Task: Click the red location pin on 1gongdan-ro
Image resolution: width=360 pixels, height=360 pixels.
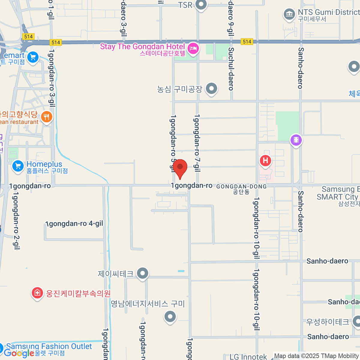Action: click(180, 168)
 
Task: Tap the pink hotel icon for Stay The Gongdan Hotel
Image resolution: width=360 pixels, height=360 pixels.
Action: click(193, 49)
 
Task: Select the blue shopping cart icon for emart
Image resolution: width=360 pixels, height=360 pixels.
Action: click(33, 57)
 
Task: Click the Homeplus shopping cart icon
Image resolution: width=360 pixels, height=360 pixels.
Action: click(18, 166)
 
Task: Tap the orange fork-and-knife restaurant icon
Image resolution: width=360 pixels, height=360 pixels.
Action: click(46, 117)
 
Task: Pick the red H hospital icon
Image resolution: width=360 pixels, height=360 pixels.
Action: click(265, 160)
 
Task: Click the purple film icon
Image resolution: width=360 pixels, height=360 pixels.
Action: click(296, 140)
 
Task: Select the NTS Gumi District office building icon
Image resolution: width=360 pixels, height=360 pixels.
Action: click(289, 14)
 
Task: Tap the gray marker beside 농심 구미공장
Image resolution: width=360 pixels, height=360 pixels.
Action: click(211, 89)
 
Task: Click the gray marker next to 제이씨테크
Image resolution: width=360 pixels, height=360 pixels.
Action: click(142, 273)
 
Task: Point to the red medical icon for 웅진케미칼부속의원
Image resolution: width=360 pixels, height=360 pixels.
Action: click(37, 293)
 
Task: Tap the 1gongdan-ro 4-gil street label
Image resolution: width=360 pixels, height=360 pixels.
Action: click(74, 223)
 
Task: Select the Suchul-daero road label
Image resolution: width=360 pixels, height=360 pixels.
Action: click(231, 69)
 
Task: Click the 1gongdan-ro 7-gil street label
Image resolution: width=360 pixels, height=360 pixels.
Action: click(197, 143)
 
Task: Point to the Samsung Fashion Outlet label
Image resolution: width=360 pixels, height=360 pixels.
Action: click(49, 346)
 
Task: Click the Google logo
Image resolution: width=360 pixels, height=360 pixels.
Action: click(19, 353)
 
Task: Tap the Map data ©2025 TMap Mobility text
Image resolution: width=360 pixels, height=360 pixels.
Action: click(316, 356)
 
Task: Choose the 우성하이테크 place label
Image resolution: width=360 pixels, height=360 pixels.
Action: click(328, 322)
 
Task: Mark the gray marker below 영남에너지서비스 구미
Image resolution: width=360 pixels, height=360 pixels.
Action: click(170, 316)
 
